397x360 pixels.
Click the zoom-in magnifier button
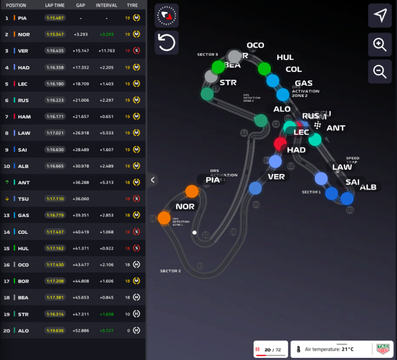380,45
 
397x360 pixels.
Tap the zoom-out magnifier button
380,71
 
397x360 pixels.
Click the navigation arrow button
380,16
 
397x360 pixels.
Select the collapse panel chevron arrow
153,179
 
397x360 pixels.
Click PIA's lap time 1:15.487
55,18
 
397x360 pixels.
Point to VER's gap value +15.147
80,51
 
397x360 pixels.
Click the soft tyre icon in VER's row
137,51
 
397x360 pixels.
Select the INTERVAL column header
106,5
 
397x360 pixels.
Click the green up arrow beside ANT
7,182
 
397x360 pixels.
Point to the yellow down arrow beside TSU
7,198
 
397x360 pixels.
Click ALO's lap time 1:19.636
55,330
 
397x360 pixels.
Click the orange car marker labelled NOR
164,218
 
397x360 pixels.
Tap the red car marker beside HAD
280,144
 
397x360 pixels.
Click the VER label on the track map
276,177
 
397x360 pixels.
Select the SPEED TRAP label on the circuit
352,160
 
